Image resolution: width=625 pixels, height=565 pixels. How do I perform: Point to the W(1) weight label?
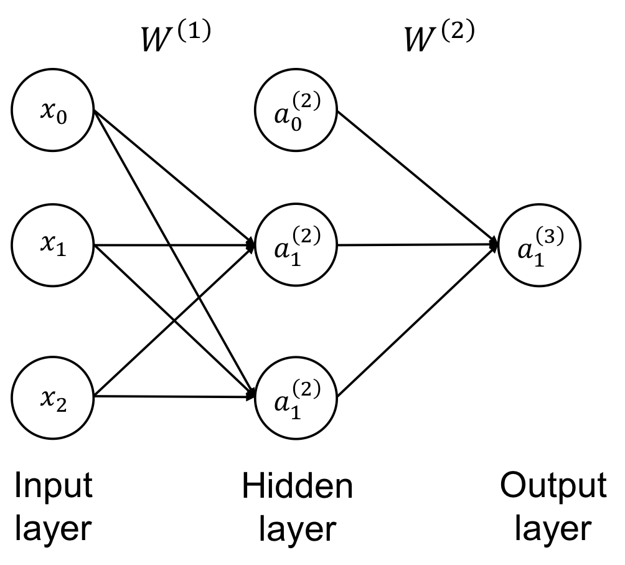point(176,37)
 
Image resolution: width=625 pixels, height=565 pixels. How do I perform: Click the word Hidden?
point(298,486)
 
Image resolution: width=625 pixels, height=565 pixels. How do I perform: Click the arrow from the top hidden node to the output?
point(417,177)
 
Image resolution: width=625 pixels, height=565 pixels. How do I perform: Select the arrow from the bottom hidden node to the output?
point(417,321)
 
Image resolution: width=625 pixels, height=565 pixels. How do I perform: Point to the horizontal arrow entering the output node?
point(417,244)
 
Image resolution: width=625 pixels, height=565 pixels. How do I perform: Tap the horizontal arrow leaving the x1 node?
point(174,245)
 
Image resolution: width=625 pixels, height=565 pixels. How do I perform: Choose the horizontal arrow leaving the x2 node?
point(174,396)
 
